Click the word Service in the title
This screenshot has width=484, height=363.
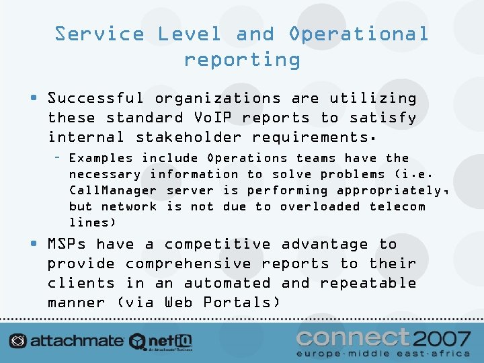point(99,34)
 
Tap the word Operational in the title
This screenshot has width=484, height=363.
point(358,34)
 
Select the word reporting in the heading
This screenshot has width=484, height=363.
point(242,59)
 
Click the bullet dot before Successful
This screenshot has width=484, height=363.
point(33,99)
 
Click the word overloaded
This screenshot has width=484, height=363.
point(319,206)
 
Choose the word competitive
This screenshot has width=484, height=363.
point(217,244)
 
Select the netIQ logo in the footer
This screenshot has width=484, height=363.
point(161,341)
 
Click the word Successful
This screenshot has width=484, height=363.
point(95,98)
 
